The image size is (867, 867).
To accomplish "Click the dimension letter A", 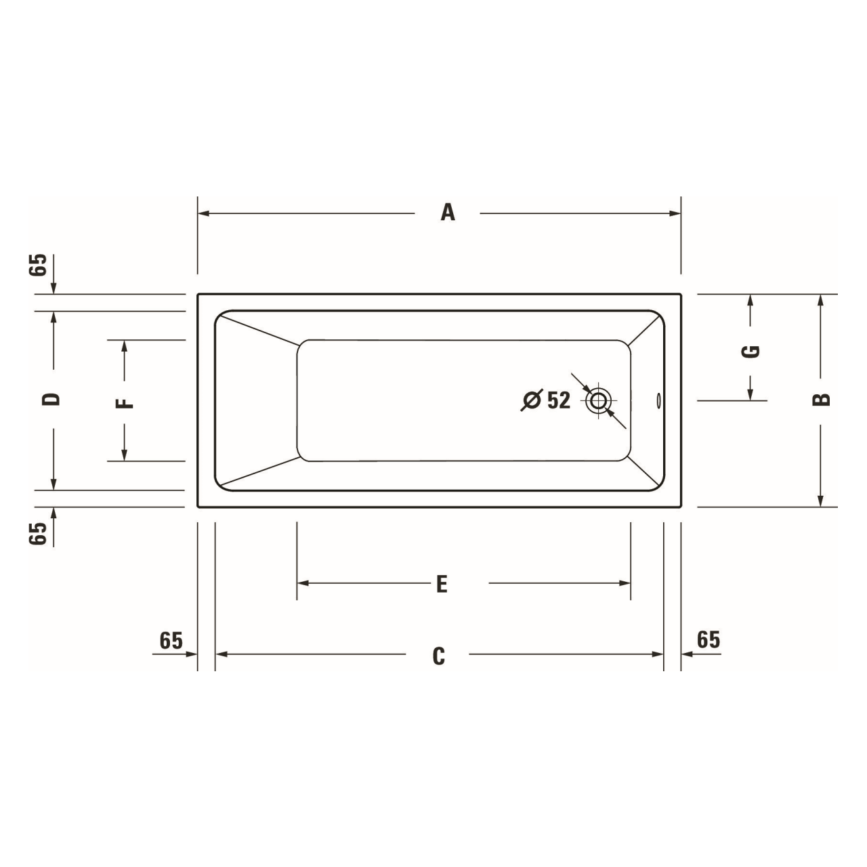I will (448, 213).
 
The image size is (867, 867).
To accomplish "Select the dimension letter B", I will (821, 400).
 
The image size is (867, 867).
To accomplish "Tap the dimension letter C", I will (439, 656).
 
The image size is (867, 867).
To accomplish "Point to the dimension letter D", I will (51, 399).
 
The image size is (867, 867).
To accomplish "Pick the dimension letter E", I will (442, 583).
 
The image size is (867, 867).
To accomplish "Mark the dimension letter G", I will (751, 351).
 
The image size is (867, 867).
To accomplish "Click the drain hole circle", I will (599, 400).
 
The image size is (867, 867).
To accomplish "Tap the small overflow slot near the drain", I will (658, 401).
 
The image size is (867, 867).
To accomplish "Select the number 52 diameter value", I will (559, 400).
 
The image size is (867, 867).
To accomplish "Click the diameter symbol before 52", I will (532, 400).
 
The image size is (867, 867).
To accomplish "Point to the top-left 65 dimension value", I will (39, 265).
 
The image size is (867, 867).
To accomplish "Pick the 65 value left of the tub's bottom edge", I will (39, 533).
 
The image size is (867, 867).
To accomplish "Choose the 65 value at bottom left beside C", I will (171, 640).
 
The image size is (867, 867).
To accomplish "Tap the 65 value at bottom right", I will (709, 639).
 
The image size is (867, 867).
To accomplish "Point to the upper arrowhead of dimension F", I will (125, 346).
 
